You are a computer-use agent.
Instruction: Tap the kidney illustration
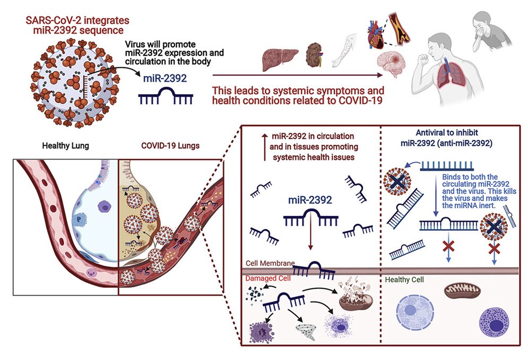click(x=314, y=55)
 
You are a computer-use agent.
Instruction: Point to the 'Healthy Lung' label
click(x=65, y=146)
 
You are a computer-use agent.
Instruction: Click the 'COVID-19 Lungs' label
click(x=170, y=146)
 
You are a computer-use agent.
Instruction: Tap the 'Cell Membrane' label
click(x=270, y=263)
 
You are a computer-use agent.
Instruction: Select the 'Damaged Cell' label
click(x=267, y=279)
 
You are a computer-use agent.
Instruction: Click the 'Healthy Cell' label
click(x=404, y=280)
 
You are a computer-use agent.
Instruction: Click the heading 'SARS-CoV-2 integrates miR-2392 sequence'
click(x=78, y=25)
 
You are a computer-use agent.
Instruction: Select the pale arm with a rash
click(x=343, y=50)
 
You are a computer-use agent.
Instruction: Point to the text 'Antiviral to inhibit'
click(x=447, y=132)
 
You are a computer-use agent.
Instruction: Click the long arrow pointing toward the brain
click(x=298, y=75)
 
